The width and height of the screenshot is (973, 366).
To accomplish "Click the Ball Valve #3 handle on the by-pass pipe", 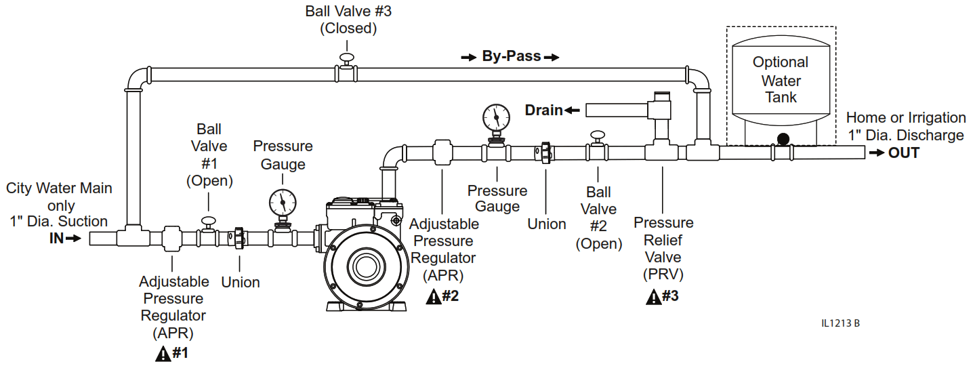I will (x=347, y=58).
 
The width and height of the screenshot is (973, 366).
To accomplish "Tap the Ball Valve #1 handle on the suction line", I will (x=208, y=220).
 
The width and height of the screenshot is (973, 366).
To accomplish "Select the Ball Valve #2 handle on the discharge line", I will (x=598, y=137).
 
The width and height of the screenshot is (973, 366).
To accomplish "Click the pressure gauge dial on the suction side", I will (x=283, y=202).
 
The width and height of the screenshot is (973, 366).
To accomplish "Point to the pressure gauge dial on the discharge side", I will (x=496, y=117).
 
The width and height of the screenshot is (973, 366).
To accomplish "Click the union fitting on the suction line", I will (x=239, y=238).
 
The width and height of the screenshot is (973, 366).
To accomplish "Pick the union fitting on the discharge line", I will (x=546, y=153).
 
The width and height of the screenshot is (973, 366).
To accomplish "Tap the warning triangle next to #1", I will (x=163, y=353).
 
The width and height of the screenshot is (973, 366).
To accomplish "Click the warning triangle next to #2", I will (x=434, y=296).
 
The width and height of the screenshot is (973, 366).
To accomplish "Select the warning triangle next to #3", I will (x=653, y=296).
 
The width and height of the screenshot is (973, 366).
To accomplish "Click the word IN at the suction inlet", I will (x=56, y=239).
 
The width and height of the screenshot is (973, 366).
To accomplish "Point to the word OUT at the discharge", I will (x=904, y=153).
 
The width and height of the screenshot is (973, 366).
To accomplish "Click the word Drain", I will (x=543, y=110).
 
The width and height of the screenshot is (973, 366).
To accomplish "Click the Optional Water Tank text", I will (x=781, y=80).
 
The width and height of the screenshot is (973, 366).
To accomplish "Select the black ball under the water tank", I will (x=783, y=140).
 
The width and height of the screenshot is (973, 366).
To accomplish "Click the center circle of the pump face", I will (x=366, y=264).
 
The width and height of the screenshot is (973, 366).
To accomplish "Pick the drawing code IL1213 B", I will (x=840, y=323).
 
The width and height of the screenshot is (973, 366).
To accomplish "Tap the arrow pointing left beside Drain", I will (x=573, y=110).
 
